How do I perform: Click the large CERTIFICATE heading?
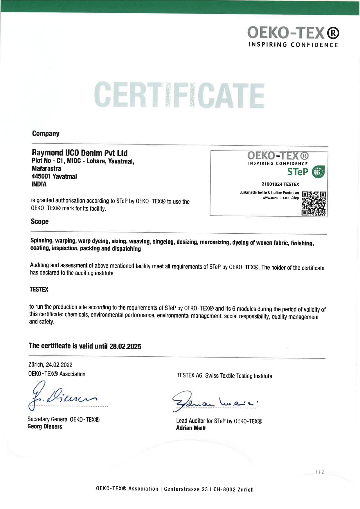[179, 95]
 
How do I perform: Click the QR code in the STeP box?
[314, 203]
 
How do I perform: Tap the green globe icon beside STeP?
[318, 172]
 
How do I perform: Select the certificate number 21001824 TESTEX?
[280, 184]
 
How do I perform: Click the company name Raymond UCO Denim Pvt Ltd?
[80, 153]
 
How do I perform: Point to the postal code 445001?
[41, 176]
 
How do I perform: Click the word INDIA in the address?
[39, 184]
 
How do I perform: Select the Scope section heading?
[39, 222]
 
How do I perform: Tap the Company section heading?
[46, 134]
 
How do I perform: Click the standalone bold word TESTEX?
[39, 289]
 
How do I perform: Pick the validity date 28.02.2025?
[125, 346]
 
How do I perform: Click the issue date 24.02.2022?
[59, 365]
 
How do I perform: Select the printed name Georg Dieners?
[45, 427]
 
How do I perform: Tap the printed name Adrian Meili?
[191, 428]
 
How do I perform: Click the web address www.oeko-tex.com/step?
[280, 198]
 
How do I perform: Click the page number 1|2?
[319, 472]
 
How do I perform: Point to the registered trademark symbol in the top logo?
[333, 33]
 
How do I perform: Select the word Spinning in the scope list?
[42, 241]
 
